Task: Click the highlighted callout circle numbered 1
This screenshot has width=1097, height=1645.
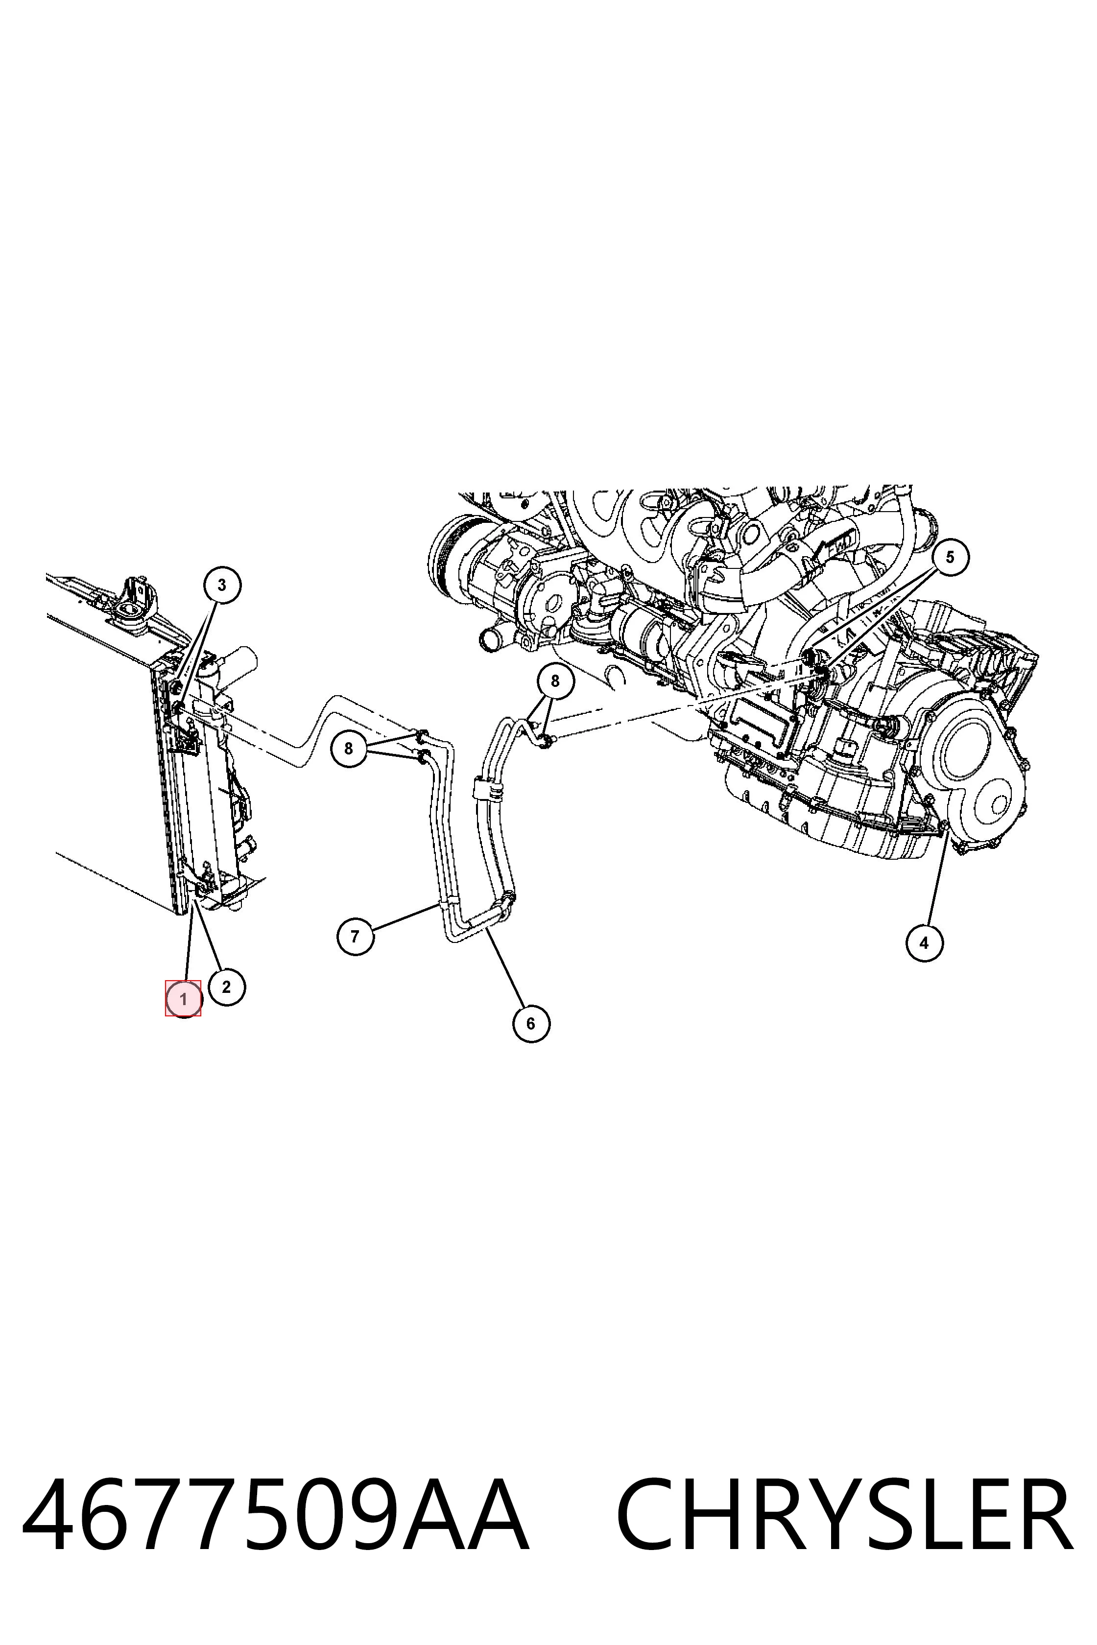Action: point(183,999)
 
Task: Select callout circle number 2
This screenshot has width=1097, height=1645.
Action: point(226,987)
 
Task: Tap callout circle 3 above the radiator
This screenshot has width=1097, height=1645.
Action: point(222,585)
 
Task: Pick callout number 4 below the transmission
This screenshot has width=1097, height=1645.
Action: point(924,943)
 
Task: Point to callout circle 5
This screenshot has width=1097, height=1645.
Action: point(950,558)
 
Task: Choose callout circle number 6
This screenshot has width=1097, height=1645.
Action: point(531,1024)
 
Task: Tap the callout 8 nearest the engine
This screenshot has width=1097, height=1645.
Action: point(555,681)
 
